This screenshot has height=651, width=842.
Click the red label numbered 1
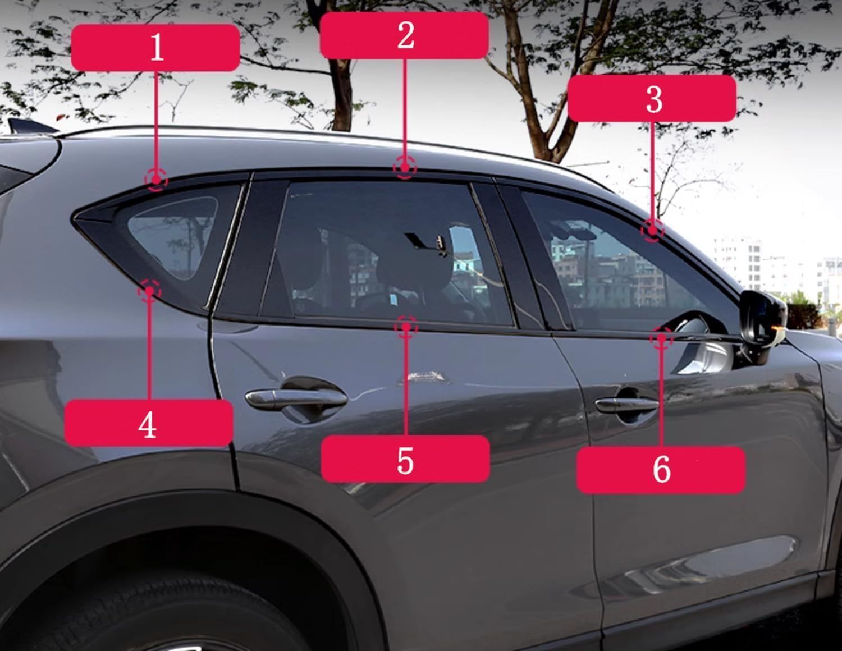[155, 48]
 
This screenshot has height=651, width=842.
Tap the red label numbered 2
[404, 36]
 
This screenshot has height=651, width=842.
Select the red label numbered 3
[652, 99]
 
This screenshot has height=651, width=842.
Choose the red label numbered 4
[148, 423]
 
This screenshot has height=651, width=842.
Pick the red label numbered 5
[405, 459]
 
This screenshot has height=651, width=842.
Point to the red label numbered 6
[661, 470]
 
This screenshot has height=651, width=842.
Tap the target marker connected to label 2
[405, 167]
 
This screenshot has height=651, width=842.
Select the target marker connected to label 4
[149, 291]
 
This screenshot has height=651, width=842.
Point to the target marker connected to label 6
[661, 338]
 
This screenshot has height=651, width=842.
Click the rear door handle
[296, 398]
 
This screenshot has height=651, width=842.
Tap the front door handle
[626, 405]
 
